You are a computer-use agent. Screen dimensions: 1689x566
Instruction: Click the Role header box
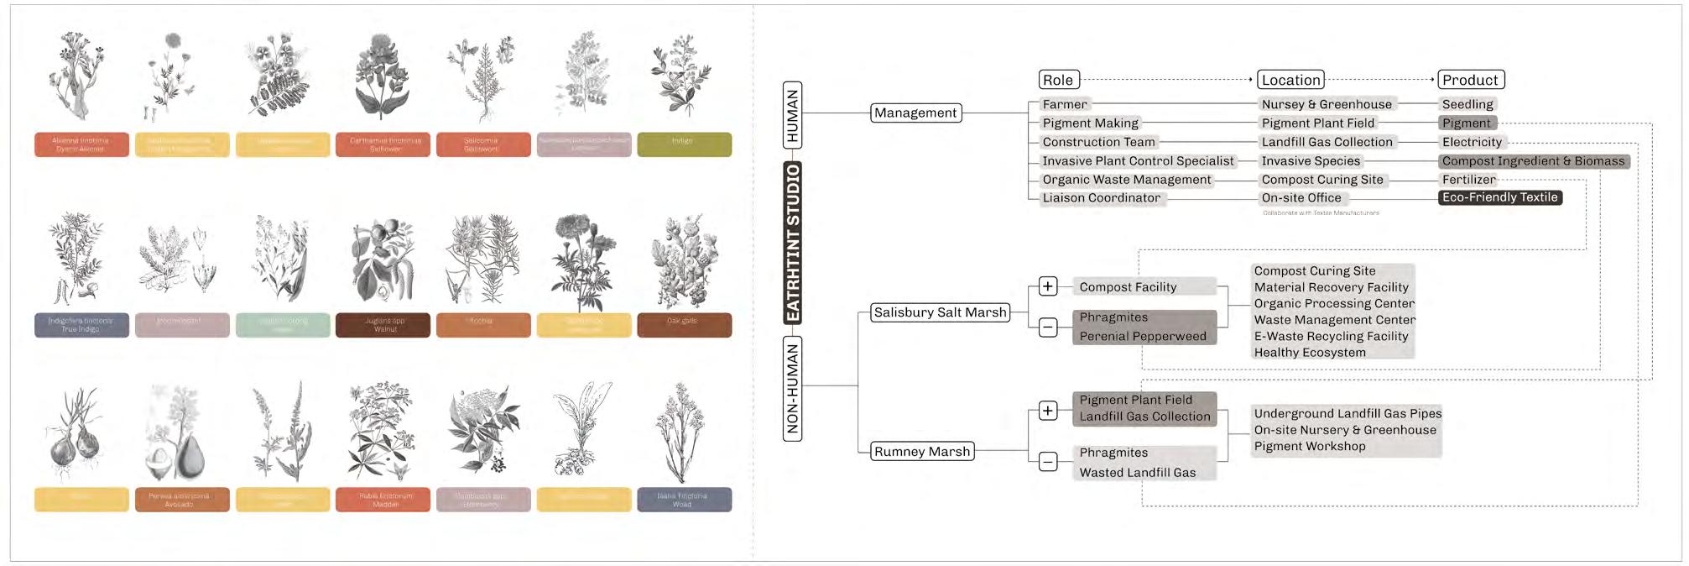click(1058, 80)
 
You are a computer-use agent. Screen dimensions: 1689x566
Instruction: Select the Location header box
click(1290, 80)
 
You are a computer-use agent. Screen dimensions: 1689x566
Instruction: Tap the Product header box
click(1470, 80)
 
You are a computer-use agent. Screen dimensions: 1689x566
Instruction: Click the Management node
click(915, 113)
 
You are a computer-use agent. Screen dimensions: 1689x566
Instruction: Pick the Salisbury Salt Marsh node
click(940, 312)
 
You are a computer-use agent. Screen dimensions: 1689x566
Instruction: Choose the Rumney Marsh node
click(921, 452)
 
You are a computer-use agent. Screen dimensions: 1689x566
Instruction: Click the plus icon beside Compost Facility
click(1048, 286)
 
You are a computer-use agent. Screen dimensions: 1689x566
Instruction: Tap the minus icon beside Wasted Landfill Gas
click(1048, 462)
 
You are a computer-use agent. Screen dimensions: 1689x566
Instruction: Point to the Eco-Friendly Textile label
click(1499, 197)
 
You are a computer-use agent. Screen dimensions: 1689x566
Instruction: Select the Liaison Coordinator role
click(1101, 198)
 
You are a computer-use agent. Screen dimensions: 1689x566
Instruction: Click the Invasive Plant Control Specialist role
click(1138, 161)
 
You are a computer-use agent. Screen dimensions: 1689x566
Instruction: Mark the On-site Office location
click(1301, 198)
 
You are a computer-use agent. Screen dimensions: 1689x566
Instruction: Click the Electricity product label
click(1472, 142)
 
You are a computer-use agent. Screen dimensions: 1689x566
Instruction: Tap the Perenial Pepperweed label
click(1142, 336)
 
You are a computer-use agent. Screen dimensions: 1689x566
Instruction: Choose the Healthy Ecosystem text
click(1309, 353)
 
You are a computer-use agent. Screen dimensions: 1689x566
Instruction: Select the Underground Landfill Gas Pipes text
click(1347, 413)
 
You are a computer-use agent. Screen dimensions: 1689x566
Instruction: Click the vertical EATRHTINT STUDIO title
click(792, 244)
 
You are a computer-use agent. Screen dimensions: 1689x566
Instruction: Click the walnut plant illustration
click(383, 260)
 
